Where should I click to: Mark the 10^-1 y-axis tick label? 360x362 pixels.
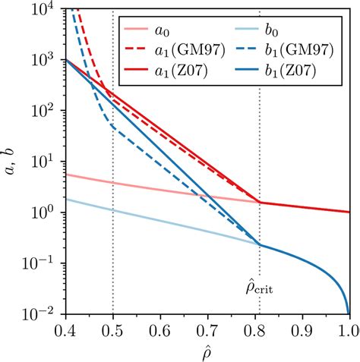45,263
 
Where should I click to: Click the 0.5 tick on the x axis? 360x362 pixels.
113,329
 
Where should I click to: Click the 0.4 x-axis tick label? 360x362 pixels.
66,329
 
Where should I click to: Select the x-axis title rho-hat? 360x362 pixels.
207,351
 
